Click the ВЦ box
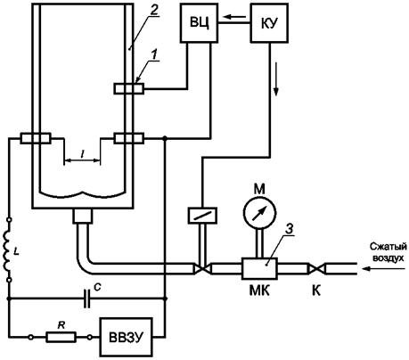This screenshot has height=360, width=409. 200,23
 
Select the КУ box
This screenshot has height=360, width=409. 270,23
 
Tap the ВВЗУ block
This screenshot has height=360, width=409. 127,337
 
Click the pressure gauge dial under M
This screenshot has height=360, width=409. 260,213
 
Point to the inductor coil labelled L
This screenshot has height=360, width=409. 7,250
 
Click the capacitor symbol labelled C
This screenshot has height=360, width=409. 86,299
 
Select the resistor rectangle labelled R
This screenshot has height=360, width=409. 61,337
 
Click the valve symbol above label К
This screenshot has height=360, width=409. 316,269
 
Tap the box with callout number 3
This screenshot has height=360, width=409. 259,268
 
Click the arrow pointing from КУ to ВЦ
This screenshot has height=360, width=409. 234,17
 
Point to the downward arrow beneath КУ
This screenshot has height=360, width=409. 276,79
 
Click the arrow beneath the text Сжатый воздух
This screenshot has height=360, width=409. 384,268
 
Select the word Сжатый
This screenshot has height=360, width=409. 388,247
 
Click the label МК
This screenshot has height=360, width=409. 259,290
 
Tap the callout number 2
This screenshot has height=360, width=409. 153,11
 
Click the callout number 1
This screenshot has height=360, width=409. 153,54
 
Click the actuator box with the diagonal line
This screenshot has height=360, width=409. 202,216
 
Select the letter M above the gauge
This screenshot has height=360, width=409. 259,189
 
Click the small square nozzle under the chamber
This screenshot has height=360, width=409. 82,216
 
